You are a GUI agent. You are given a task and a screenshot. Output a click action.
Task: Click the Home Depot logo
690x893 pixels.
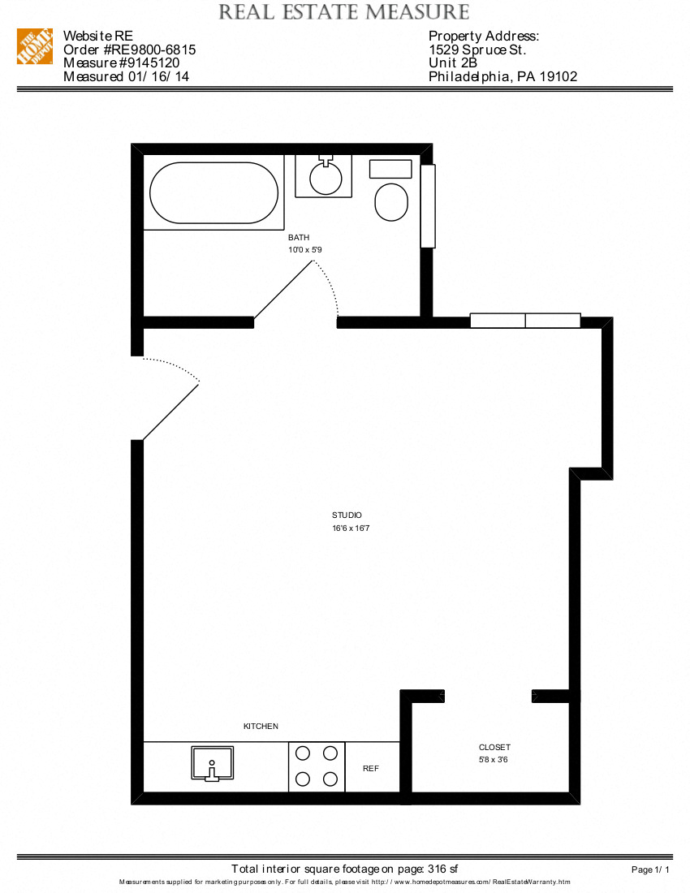(35, 46)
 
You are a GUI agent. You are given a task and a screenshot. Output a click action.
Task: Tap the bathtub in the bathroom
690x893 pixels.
(214, 193)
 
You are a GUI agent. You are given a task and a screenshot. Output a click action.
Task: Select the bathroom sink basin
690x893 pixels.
(326, 179)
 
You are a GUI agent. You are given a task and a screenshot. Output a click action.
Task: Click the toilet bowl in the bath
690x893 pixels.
(392, 202)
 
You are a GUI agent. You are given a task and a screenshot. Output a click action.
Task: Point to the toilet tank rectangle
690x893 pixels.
(391, 169)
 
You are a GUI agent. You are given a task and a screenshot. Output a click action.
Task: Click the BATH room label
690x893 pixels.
(299, 237)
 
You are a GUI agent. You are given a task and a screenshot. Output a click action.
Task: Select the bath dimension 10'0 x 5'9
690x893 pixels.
(305, 250)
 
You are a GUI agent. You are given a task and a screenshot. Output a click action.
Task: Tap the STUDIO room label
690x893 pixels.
(347, 516)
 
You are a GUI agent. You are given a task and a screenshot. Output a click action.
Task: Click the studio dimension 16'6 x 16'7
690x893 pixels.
(351, 528)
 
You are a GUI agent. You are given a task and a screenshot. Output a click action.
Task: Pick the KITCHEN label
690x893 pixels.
(261, 727)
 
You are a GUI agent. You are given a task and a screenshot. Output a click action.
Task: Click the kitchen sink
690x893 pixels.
(212, 763)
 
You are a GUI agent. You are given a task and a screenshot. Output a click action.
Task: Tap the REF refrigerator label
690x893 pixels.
(371, 768)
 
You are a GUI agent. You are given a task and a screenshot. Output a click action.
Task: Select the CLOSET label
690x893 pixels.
(494, 748)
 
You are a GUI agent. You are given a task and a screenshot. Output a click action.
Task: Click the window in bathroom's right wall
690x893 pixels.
(428, 206)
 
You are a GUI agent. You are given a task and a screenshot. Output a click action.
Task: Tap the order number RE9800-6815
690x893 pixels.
(129, 50)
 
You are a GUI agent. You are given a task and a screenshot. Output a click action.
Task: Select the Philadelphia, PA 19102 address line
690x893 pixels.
(502, 77)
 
